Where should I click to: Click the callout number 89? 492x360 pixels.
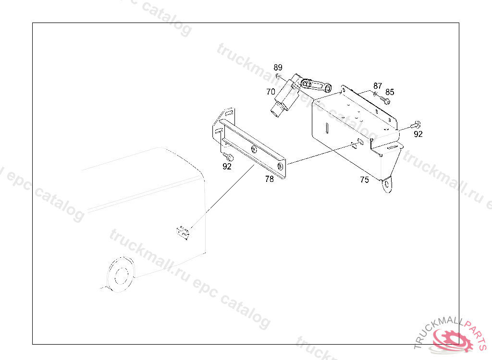click(278, 67)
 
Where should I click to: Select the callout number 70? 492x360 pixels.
click(271, 92)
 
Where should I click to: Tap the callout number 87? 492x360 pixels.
click(378, 86)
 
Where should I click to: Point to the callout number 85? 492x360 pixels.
click(390, 92)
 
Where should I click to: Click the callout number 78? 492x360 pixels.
click(269, 179)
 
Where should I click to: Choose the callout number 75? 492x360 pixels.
click(365, 180)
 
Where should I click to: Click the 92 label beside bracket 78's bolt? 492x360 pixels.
click(227, 167)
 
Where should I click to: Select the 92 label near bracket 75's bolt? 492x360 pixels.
click(418, 134)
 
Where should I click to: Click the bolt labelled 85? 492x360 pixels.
click(385, 100)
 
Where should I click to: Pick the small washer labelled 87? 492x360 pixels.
click(375, 94)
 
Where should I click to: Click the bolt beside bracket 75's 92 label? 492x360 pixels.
click(416, 125)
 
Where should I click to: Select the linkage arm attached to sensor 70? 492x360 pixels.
click(316, 85)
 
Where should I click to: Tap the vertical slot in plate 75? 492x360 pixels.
click(327, 128)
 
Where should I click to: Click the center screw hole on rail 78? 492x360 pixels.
click(254, 150)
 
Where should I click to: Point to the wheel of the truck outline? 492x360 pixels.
click(121, 275)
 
